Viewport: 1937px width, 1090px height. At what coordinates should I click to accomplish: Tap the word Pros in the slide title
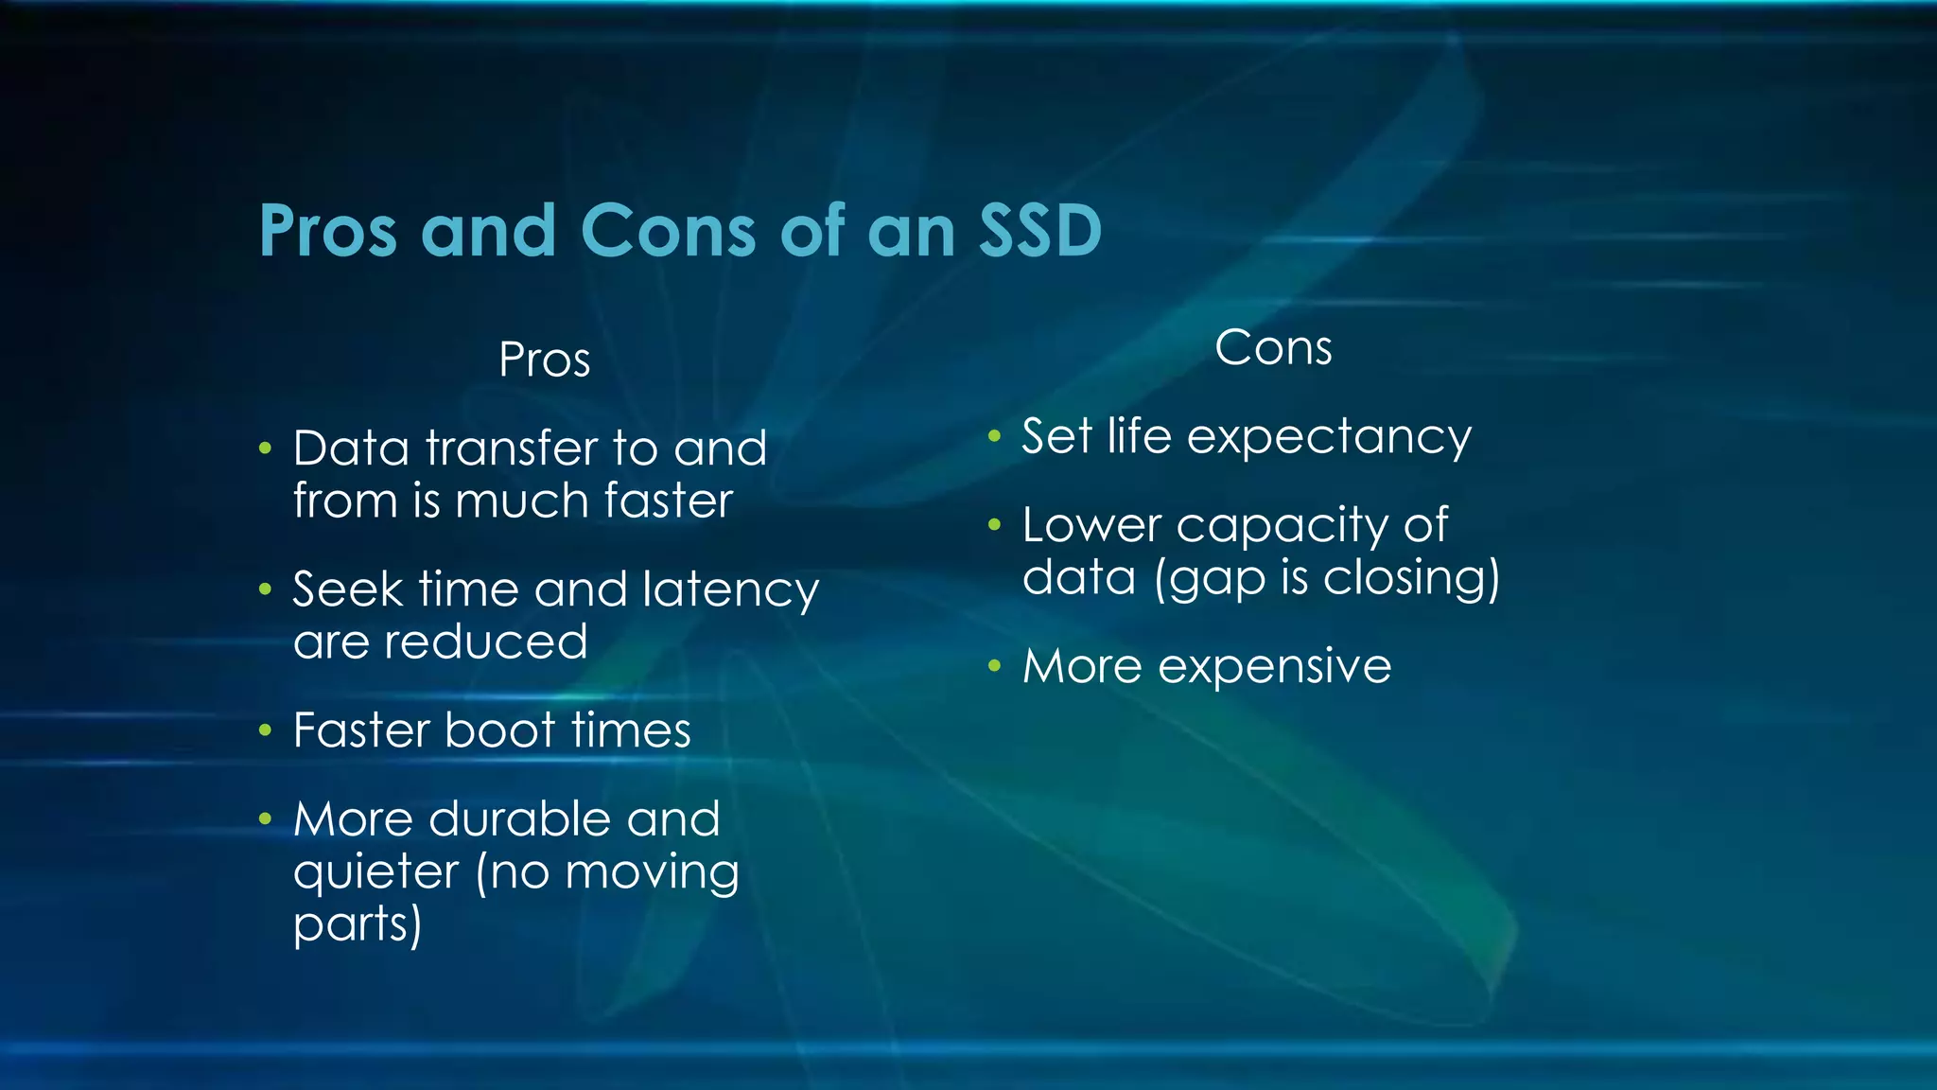pyautogui.click(x=327, y=233)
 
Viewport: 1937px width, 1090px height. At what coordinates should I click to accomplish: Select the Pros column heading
pyautogui.click(x=545, y=360)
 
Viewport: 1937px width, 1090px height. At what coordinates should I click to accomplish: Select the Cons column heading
pyautogui.click(x=1273, y=348)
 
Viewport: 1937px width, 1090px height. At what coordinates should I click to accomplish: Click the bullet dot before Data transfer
pyautogui.click(x=266, y=448)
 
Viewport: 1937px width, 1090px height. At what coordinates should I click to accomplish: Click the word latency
pyautogui.click(x=730, y=591)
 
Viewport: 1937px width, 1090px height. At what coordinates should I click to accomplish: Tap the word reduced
pyautogui.click(x=486, y=642)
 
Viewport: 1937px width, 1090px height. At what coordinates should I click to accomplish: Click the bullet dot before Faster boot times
pyautogui.click(x=266, y=730)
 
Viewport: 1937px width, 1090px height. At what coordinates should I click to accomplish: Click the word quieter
pyautogui.click(x=375, y=872)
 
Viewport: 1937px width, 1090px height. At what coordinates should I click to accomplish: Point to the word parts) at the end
pyautogui.click(x=358, y=925)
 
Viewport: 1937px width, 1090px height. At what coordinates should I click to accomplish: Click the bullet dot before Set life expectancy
pyautogui.click(x=994, y=437)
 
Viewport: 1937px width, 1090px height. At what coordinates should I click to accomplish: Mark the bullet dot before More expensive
pyautogui.click(x=994, y=666)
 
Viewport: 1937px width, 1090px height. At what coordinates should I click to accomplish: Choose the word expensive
pyautogui.click(x=1274, y=668)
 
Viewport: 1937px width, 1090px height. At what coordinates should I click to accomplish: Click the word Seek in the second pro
pyautogui.click(x=347, y=590)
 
